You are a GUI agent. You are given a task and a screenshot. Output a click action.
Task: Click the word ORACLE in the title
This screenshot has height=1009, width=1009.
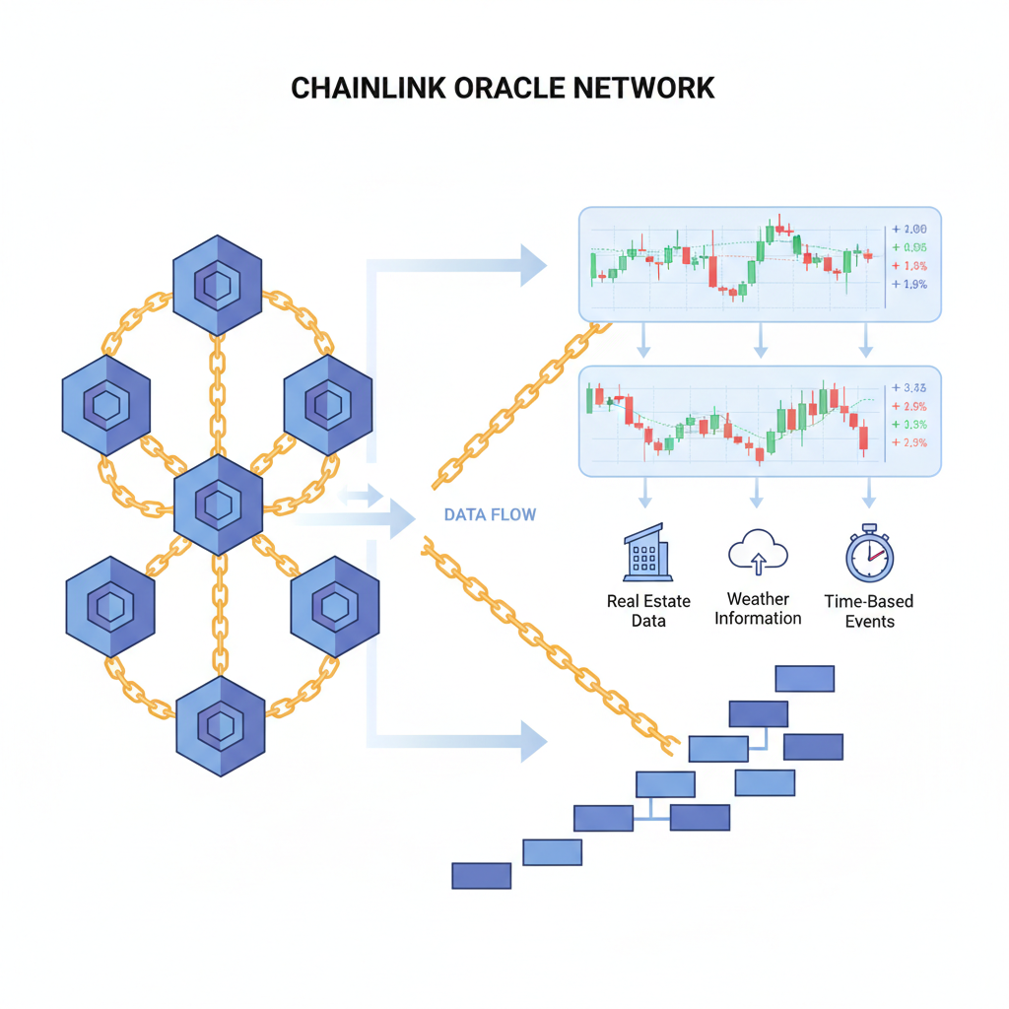(510, 88)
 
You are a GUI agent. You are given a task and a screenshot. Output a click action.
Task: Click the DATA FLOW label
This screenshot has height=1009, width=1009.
(490, 514)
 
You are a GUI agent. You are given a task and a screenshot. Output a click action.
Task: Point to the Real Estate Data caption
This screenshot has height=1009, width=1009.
(648, 611)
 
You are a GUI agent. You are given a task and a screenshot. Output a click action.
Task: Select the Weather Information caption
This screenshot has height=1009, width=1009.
(758, 609)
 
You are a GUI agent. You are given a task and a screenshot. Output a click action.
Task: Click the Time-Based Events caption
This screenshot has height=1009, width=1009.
(868, 611)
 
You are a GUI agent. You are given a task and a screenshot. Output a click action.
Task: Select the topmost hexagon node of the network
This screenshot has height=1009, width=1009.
(217, 285)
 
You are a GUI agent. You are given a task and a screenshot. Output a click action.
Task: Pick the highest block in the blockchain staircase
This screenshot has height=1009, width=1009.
(804, 678)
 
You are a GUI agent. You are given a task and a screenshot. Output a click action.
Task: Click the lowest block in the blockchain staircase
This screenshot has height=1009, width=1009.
(481, 875)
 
